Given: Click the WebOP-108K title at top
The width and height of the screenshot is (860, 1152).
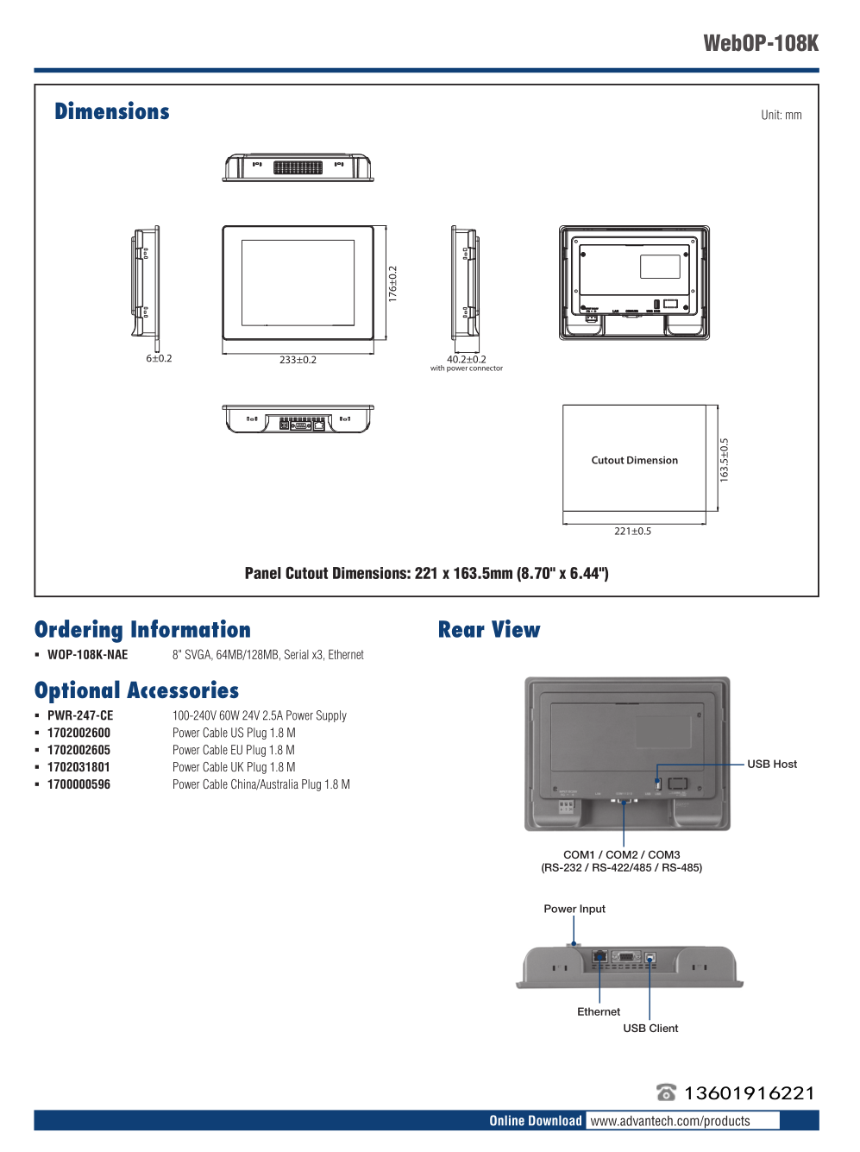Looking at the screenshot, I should coord(760,43).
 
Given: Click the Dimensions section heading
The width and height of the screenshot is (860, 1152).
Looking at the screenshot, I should coord(112,112).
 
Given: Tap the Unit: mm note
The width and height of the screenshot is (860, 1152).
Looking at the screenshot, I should coord(781,115).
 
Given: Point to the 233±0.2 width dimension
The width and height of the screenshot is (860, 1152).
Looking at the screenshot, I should coord(298,360).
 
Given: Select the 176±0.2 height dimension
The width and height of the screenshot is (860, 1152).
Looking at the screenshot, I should coord(393,283).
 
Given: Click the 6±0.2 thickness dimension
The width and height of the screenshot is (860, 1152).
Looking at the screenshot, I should coord(159,358).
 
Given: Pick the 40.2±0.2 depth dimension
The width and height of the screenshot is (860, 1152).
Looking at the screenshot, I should coord(466,359).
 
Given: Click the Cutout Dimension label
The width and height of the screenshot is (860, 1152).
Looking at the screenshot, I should coord(634,460).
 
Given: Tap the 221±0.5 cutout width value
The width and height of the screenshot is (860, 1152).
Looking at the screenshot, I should coord(632,531).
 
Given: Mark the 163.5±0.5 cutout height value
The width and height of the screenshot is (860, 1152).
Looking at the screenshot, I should coord(725,459).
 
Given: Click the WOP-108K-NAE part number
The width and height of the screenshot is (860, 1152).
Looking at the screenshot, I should coord(87,655).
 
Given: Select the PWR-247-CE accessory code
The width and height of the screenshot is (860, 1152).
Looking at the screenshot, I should coord(80,715).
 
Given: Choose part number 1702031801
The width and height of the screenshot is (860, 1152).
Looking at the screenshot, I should coord(78,767).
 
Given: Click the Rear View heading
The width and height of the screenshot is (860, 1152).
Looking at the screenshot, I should coord(489,630).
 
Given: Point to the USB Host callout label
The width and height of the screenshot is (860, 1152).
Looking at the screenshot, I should coord(772,764).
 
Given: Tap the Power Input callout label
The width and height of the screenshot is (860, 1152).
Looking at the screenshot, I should coord(574,909).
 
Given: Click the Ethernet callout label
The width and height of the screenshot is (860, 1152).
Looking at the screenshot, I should coord(599,1011).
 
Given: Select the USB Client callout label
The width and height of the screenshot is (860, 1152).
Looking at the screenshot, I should coord(650,1028).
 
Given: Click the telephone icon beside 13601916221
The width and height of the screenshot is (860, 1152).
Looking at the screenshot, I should coord(666,1092).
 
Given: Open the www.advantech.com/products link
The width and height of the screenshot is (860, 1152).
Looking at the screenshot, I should coord(670,1121).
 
